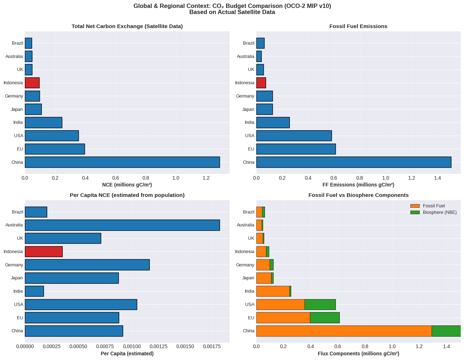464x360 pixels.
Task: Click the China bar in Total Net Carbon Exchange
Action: point(122,162)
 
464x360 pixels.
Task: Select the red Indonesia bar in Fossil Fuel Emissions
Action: point(261,83)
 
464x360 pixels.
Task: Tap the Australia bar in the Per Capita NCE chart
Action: point(122,225)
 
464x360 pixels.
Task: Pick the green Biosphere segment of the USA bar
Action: point(320,304)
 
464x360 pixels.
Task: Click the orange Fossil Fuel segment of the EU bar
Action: point(283,318)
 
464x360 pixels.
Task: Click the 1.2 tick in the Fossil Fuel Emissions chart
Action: point(411,177)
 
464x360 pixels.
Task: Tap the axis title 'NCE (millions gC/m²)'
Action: point(127,185)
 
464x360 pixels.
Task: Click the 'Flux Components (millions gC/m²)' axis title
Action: point(358,354)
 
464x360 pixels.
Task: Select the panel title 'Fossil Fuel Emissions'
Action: point(358,26)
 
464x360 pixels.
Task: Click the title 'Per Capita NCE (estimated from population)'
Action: point(127,195)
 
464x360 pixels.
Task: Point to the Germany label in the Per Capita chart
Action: point(14,265)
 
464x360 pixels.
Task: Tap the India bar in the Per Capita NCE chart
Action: point(34,291)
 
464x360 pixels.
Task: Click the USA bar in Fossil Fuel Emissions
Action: point(294,136)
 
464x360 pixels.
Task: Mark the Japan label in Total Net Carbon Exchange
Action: point(17,109)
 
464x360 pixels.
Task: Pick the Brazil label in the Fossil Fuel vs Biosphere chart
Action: point(248,212)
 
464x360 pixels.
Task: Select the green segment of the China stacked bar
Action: point(446,331)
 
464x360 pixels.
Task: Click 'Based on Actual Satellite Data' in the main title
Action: point(232,12)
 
